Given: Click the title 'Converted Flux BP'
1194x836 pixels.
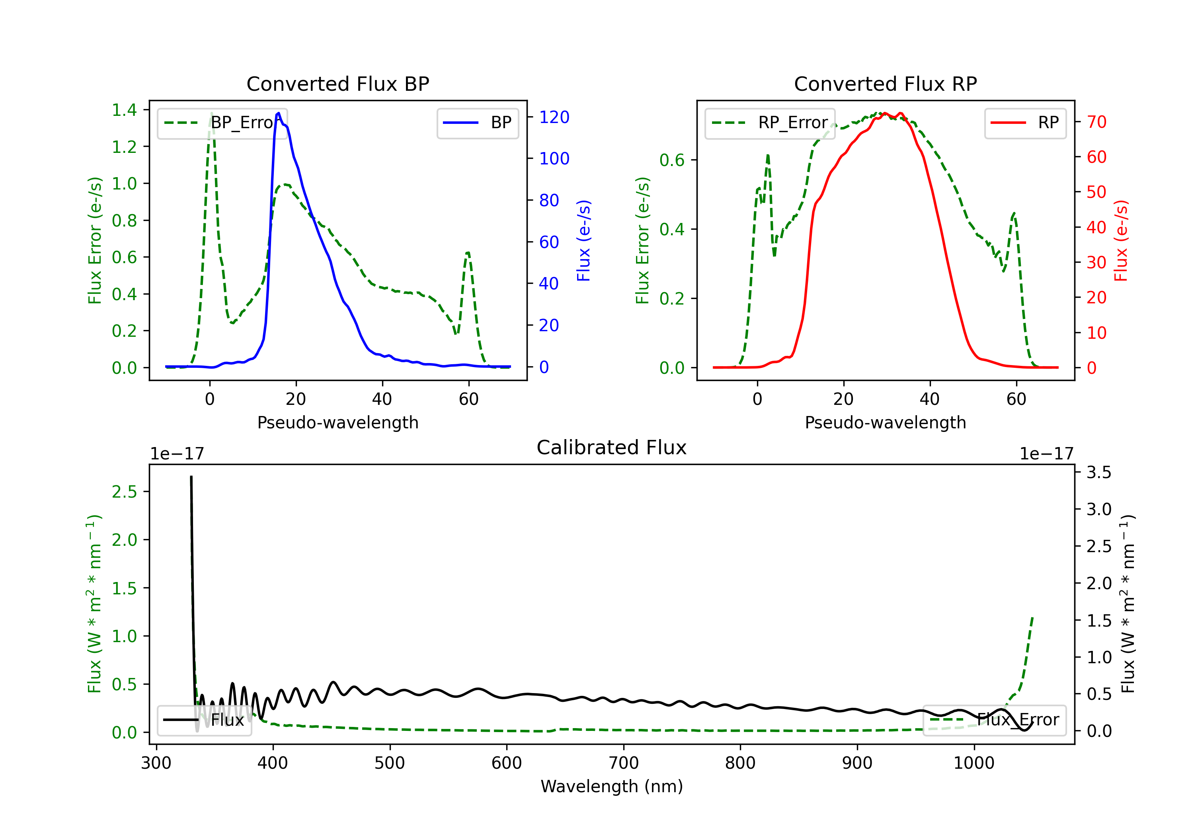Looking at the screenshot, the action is coord(338,84).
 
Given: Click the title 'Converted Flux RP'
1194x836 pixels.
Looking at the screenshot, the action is coord(886,84).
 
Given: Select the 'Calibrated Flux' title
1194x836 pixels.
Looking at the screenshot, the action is coord(612,447).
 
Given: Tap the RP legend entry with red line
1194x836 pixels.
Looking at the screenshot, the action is coord(1025,123).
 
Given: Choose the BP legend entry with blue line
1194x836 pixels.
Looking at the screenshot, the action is coord(477,123).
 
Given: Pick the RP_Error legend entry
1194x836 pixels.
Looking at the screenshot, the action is coord(770,123).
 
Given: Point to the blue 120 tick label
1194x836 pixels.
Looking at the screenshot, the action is coord(554,117).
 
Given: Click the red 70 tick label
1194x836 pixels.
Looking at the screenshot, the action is coord(1097,122).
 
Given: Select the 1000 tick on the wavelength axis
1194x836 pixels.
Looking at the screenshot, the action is coord(974,763).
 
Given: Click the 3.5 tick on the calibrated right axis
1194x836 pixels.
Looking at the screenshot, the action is coord(1099,473).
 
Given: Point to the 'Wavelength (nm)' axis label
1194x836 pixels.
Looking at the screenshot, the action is coord(612,786).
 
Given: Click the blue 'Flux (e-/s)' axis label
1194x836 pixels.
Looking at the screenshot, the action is coord(584,240).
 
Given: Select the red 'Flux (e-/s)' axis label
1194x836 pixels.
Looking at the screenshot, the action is coord(1121,240).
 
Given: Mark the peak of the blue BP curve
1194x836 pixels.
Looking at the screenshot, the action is coord(279,113).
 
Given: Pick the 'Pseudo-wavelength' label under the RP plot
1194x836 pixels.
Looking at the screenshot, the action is coord(886,422).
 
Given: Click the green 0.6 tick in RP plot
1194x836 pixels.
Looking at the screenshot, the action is coord(672,160).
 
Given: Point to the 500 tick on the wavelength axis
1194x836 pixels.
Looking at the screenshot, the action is coord(390,763).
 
